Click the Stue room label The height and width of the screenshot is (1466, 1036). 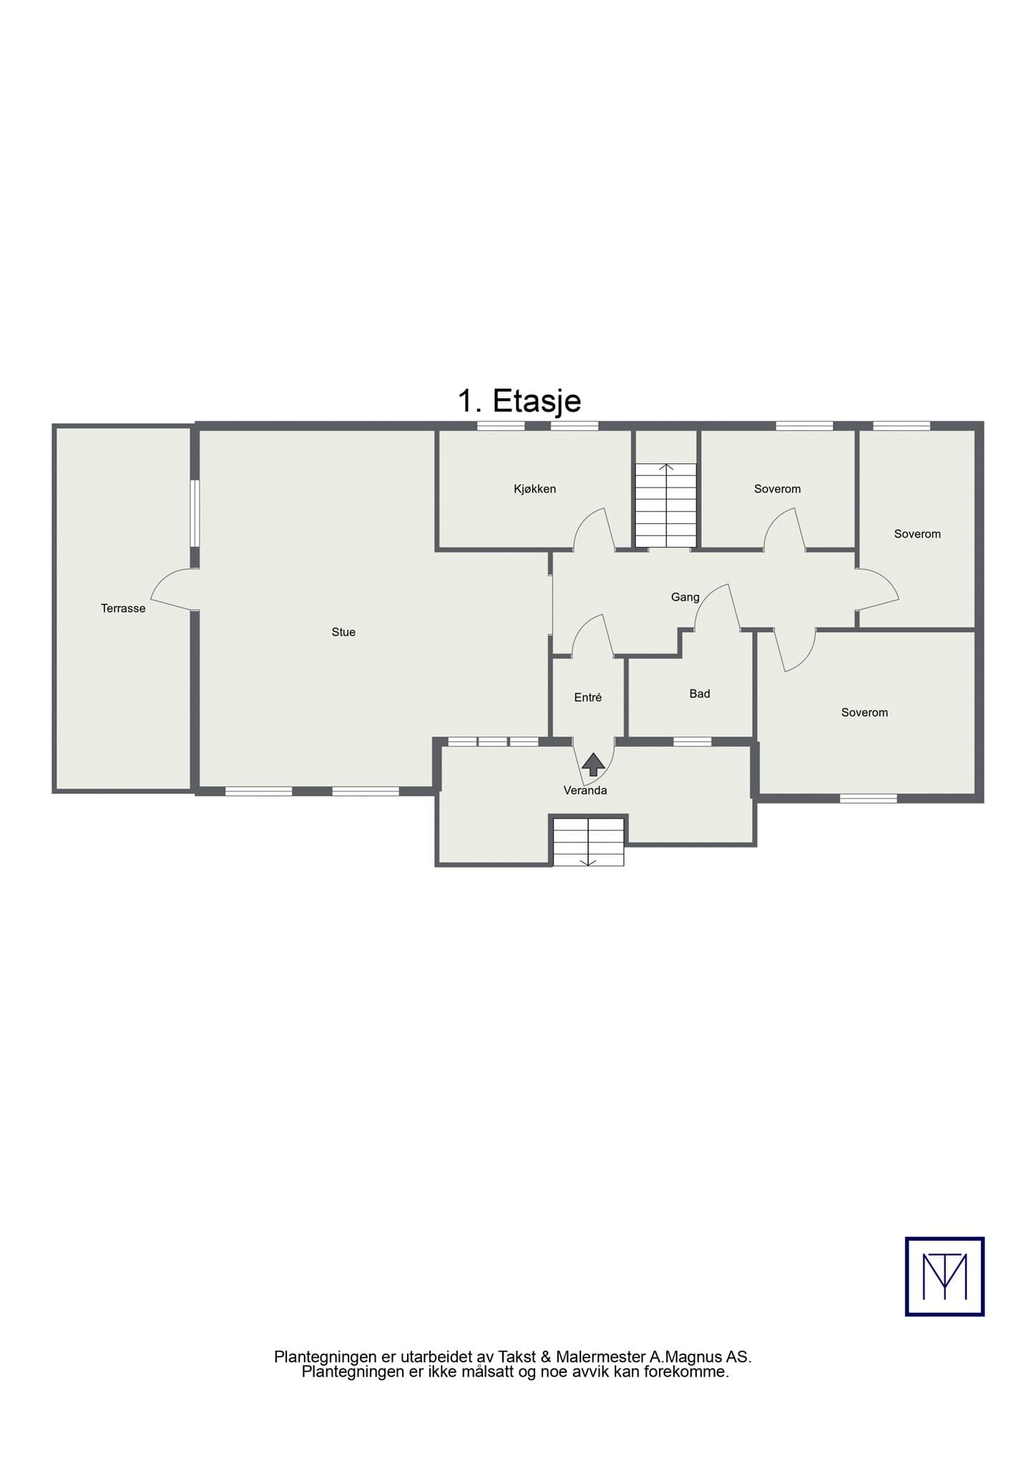coord(343,632)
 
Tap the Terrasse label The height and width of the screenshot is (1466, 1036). coord(123,608)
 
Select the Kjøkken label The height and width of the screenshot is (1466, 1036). coord(534,489)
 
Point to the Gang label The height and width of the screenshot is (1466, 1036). coord(685,598)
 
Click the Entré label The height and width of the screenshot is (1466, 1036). coord(588,697)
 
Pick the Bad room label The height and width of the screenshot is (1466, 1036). coord(700,694)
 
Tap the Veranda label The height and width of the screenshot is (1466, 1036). coord(585,791)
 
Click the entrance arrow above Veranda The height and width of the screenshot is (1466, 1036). coord(593,764)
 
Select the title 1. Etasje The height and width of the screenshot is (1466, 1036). coord(519,401)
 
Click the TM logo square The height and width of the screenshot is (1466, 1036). coord(944,1276)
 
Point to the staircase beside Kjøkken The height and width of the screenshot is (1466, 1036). coord(666,505)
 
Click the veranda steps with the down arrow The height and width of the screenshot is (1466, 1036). coord(588,842)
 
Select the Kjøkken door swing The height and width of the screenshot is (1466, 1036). coord(594,530)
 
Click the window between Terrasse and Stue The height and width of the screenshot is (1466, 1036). coord(194,514)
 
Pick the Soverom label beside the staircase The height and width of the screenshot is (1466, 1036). coord(777,489)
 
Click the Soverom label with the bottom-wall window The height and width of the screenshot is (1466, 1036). coord(864,712)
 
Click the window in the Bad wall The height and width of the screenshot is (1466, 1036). coord(692,742)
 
